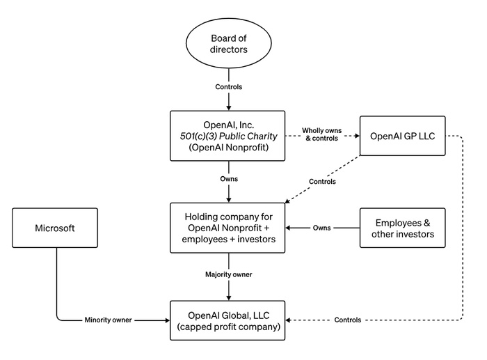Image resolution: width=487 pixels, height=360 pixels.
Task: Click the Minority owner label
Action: [108, 320]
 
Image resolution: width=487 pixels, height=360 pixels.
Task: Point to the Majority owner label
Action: [229, 274]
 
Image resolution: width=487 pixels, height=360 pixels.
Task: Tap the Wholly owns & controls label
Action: [321, 134]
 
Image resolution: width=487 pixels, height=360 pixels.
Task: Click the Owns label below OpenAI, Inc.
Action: [229, 179]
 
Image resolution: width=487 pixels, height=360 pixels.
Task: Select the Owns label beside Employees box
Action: [321, 228]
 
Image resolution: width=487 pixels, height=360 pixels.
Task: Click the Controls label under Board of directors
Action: [229, 87]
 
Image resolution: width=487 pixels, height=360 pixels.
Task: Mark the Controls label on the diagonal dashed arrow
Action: [322, 182]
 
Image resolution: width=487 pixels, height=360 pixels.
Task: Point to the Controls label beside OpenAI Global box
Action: [348, 320]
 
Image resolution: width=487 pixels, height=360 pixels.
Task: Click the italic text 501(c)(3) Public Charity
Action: [229, 136]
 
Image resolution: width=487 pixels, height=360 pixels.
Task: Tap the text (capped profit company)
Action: [229, 327]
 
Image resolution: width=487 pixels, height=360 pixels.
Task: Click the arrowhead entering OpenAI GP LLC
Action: [357, 136]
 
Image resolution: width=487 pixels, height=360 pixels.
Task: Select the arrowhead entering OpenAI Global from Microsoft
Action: [168, 320]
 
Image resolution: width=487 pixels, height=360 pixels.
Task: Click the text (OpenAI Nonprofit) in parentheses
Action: [229, 147]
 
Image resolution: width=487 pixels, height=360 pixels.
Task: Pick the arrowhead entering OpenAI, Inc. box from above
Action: [229, 108]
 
